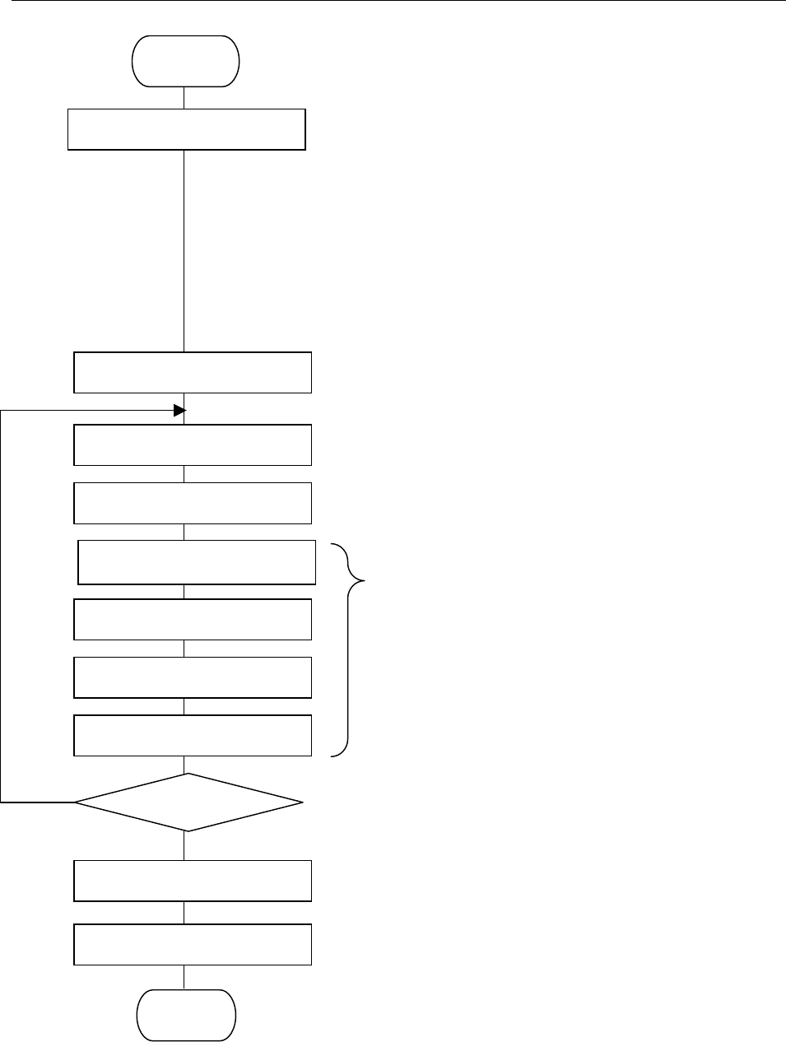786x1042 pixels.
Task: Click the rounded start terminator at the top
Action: pyautogui.click(x=186, y=61)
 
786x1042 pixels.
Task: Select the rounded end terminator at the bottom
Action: pyautogui.click(x=186, y=1015)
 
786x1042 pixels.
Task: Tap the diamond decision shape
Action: pyautogui.click(x=188, y=802)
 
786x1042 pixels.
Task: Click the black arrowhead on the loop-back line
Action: pyautogui.click(x=180, y=410)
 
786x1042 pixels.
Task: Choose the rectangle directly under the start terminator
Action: pyautogui.click(x=186, y=129)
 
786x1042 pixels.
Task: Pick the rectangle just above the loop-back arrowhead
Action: pyautogui.click(x=193, y=372)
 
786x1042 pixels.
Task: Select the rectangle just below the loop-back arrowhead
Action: pyautogui.click(x=193, y=444)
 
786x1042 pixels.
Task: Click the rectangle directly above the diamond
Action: pyautogui.click(x=193, y=735)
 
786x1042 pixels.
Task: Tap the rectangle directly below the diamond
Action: pyautogui.click(x=193, y=881)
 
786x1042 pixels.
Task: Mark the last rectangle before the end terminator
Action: pyautogui.click(x=193, y=944)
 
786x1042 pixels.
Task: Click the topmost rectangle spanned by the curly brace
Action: pyautogui.click(x=197, y=562)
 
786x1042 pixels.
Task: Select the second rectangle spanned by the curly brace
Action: pyautogui.click(x=193, y=619)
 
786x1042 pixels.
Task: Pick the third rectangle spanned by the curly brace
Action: pyautogui.click(x=193, y=677)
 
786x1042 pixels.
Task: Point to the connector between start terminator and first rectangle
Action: pyautogui.click(x=184, y=97)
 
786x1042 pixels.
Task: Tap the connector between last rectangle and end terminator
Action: pyautogui.click(x=184, y=977)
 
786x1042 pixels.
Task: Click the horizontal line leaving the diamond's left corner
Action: pyautogui.click(x=37, y=801)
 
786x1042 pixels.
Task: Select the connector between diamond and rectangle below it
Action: pyautogui.click(x=184, y=845)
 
